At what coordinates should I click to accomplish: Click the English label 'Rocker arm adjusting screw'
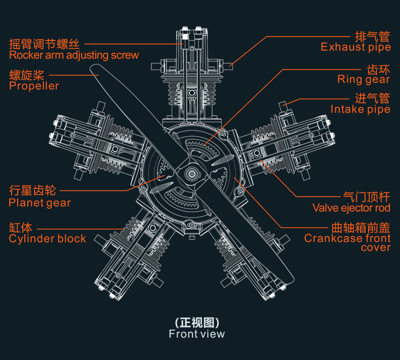(73, 55)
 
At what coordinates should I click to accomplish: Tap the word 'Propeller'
(34, 86)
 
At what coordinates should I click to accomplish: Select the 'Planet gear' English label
(39, 203)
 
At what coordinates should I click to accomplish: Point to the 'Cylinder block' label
(47, 238)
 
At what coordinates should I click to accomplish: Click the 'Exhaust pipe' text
(355, 47)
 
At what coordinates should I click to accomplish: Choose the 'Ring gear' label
(364, 79)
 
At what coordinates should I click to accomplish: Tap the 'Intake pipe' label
(360, 109)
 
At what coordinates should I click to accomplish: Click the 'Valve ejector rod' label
(351, 208)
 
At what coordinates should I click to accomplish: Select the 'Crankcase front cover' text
(347, 243)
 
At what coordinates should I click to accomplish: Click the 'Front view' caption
(196, 334)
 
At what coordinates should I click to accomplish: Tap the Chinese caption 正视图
(196, 323)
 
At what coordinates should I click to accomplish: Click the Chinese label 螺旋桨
(27, 75)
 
